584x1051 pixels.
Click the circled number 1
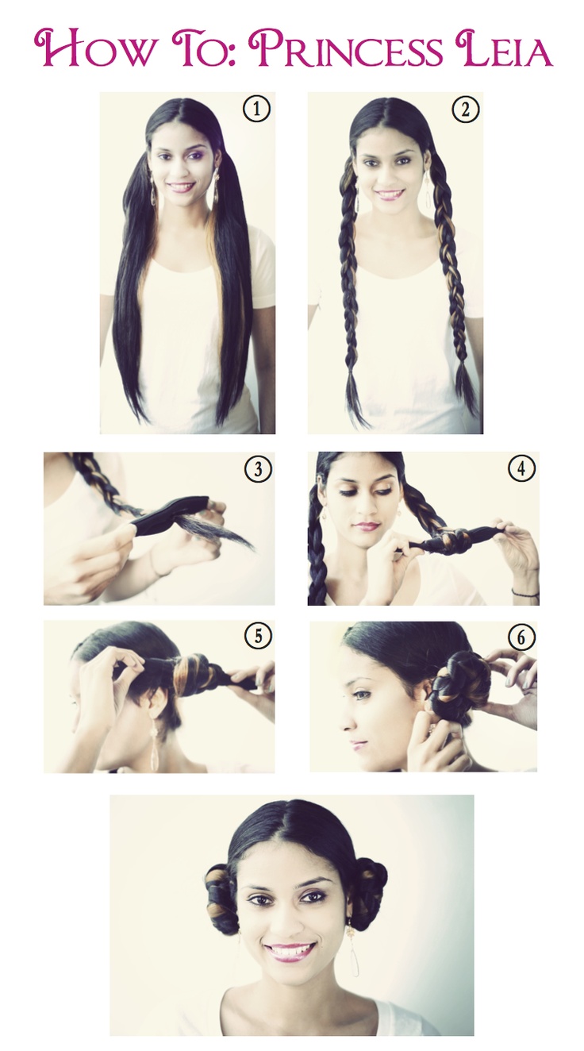point(256,110)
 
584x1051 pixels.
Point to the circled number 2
point(464,110)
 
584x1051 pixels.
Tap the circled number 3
point(258,468)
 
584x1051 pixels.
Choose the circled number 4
point(521,468)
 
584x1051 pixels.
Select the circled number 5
point(258,637)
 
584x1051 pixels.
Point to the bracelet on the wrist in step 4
point(524,593)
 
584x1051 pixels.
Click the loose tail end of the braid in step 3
point(230,532)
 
